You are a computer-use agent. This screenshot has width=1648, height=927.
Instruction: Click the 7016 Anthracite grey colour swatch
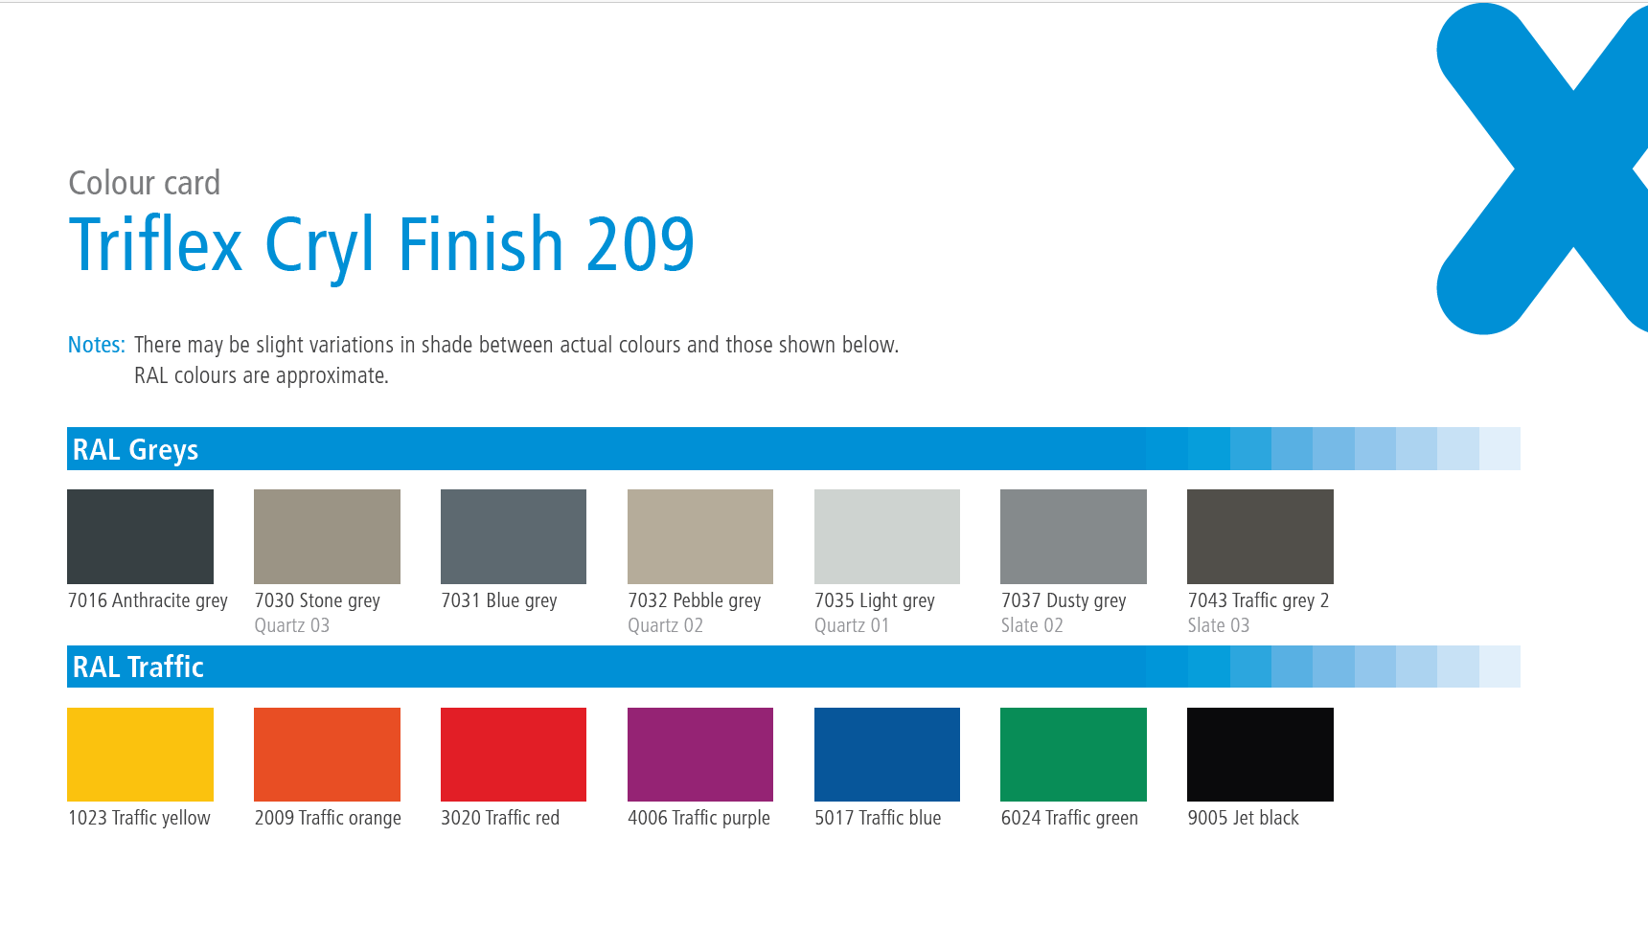[140, 536]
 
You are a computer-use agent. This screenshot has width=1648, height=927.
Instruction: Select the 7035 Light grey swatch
[887, 536]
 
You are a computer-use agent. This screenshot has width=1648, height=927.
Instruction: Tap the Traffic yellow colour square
[140, 755]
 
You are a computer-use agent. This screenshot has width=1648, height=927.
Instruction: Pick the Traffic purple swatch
[700, 755]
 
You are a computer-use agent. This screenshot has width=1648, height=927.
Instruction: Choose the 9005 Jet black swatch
[1260, 755]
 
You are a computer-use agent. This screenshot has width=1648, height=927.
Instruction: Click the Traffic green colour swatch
[1073, 755]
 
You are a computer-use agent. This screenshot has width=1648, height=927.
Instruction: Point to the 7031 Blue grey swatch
[514, 536]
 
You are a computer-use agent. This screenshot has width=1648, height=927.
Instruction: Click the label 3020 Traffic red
[500, 818]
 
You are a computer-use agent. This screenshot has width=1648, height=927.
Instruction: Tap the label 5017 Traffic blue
[878, 818]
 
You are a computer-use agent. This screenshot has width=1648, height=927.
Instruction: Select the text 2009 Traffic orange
[328, 819]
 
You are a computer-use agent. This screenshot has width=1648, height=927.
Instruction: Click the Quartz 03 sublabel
[292, 625]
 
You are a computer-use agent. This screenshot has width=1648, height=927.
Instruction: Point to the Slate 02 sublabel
[1032, 625]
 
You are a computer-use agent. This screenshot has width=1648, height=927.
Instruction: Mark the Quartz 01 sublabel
[852, 625]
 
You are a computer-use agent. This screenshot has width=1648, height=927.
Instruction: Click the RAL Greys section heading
[135, 450]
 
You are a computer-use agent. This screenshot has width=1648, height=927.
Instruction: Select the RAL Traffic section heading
[138, 667]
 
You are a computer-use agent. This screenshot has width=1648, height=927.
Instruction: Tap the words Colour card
[145, 183]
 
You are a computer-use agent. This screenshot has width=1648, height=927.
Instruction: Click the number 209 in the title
[640, 244]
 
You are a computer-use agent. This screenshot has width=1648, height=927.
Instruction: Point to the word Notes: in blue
[97, 345]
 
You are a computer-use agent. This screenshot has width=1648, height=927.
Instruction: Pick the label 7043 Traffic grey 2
[1258, 600]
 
